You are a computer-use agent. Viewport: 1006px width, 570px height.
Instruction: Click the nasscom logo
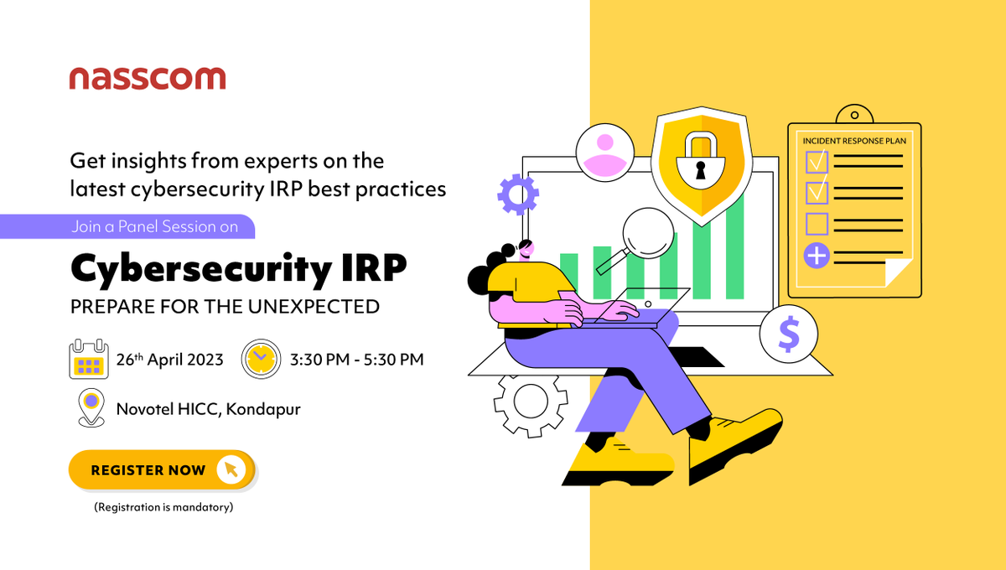(x=147, y=79)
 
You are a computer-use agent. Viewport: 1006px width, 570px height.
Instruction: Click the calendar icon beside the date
(x=89, y=360)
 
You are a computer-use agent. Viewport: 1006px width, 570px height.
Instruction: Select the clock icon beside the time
(x=261, y=360)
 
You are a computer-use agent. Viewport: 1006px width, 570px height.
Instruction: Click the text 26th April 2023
(x=169, y=360)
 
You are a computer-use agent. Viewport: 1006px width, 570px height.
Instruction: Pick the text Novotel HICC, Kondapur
(x=208, y=409)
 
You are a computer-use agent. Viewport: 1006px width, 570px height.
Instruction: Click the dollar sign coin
(x=788, y=334)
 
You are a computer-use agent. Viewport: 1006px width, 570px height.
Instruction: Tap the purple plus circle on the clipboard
(x=816, y=255)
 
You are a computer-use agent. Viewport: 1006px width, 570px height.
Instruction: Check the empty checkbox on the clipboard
(x=816, y=224)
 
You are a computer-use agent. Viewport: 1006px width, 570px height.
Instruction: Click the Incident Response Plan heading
(x=854, y=141)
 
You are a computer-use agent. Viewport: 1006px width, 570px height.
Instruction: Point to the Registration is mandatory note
(x=163, y=507)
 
